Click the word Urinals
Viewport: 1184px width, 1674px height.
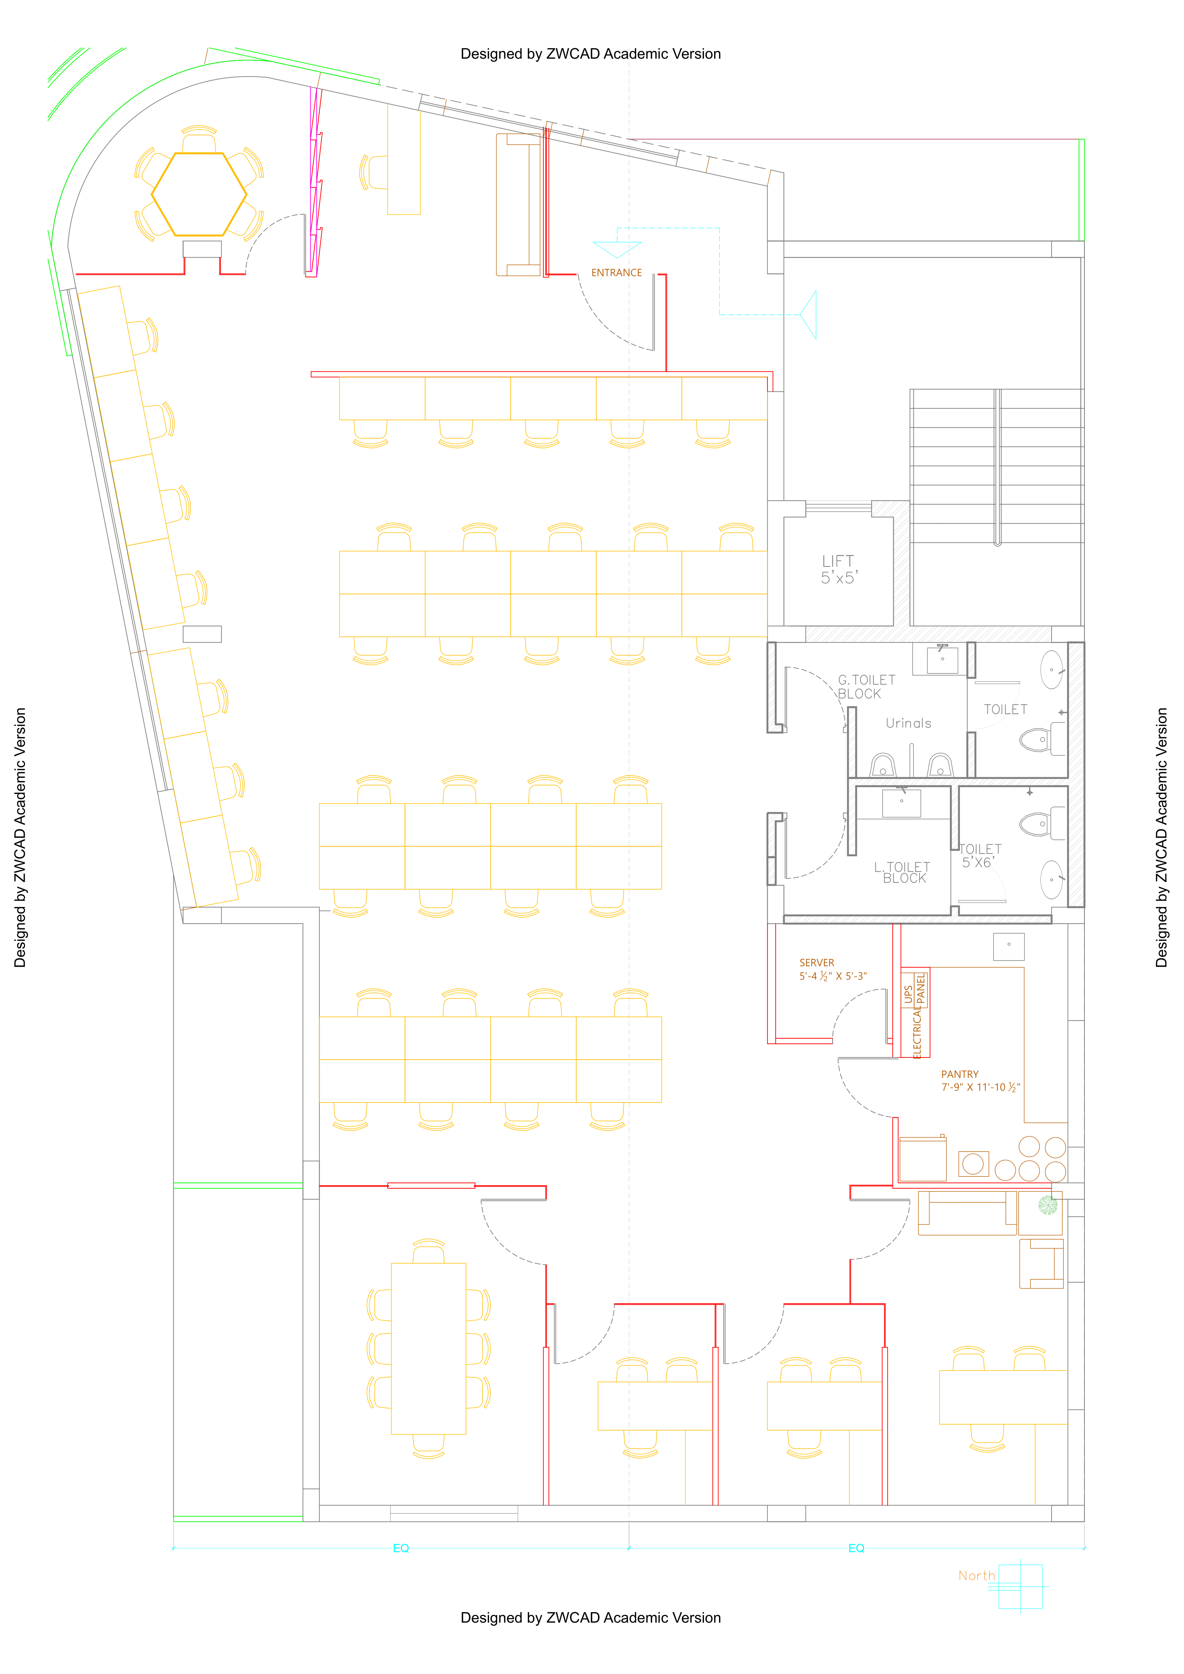[908, 723]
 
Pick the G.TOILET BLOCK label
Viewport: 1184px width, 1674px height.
[866, 687]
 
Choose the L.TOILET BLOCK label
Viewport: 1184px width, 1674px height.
[903, 872]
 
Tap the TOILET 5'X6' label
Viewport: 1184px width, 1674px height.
[980, 856]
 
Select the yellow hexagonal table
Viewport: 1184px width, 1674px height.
[199, 194]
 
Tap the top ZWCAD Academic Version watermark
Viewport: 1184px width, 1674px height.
[591, 54]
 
